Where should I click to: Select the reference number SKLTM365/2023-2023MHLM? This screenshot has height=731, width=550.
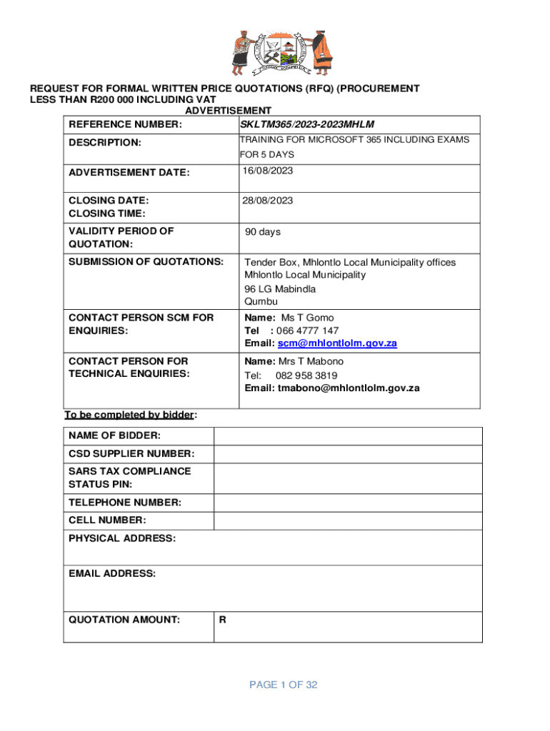tap(307, 125)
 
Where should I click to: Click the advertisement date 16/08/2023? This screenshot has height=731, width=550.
tap(267, 171)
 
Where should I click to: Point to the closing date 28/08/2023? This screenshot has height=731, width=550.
tap(267, 201)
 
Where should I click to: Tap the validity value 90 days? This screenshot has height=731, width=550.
tap(263, 232)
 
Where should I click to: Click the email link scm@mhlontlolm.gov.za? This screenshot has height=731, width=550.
tap(337, 343)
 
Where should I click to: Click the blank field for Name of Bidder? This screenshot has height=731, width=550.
tap(348, 436)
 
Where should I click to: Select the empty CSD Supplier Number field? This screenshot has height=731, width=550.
tap(348, 454)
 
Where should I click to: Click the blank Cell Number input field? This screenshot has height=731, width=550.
tap(348, 521)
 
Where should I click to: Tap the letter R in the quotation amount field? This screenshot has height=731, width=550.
tap(223, 620)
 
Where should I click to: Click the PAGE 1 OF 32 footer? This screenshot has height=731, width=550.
tap(284, 685)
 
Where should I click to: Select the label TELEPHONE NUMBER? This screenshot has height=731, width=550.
tap(125, 503)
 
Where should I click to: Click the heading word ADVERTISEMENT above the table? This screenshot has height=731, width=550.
tap(228, 111)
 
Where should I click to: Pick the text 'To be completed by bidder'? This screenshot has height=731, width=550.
tap(129, 415)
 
